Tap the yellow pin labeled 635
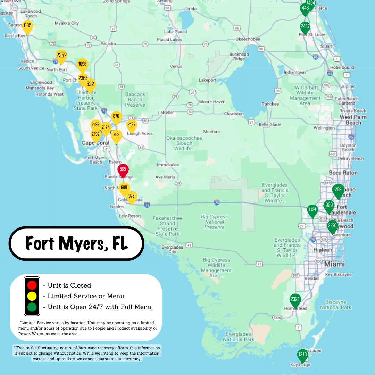point(27,26)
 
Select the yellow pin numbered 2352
point(61,56)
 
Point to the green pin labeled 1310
point(302,355)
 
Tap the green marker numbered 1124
point(312,210)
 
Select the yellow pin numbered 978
point(131,197)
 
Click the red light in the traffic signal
point(32,285)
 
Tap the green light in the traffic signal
point(32,307)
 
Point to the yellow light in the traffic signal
point(32,296)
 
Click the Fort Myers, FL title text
point(76,243)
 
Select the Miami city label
point(334,264)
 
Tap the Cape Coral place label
point(95,143)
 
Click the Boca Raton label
point(343,173)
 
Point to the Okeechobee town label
point(248,39)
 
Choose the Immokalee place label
point(168,165)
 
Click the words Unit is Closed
point(69,285)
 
